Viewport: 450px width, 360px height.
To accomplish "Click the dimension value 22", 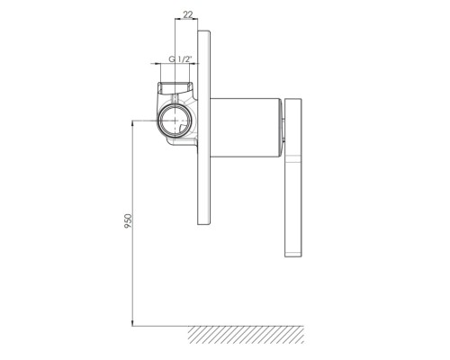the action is pyautogui.click(x=188, y=14).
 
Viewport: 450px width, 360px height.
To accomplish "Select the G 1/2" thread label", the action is pyautogui.click(x=180, y=59).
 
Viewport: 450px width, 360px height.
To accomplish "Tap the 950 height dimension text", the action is pyautogui.click(x=128, y=220).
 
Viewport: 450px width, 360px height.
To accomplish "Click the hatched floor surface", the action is pyautogui.click(x=246, y=335).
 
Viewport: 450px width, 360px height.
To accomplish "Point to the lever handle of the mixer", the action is pyautogui.click(x=293, y=177).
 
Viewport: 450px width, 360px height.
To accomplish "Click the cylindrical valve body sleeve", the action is pyautogui.click(x=246, y=128).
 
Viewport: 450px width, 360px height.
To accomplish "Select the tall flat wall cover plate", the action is pyautogui.click(x=204, y=128).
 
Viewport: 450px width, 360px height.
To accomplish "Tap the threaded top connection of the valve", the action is pyautogui.click(x=175, y=87).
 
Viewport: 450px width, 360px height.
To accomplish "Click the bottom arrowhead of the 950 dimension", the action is pyautogui.click(x=132, y=323).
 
